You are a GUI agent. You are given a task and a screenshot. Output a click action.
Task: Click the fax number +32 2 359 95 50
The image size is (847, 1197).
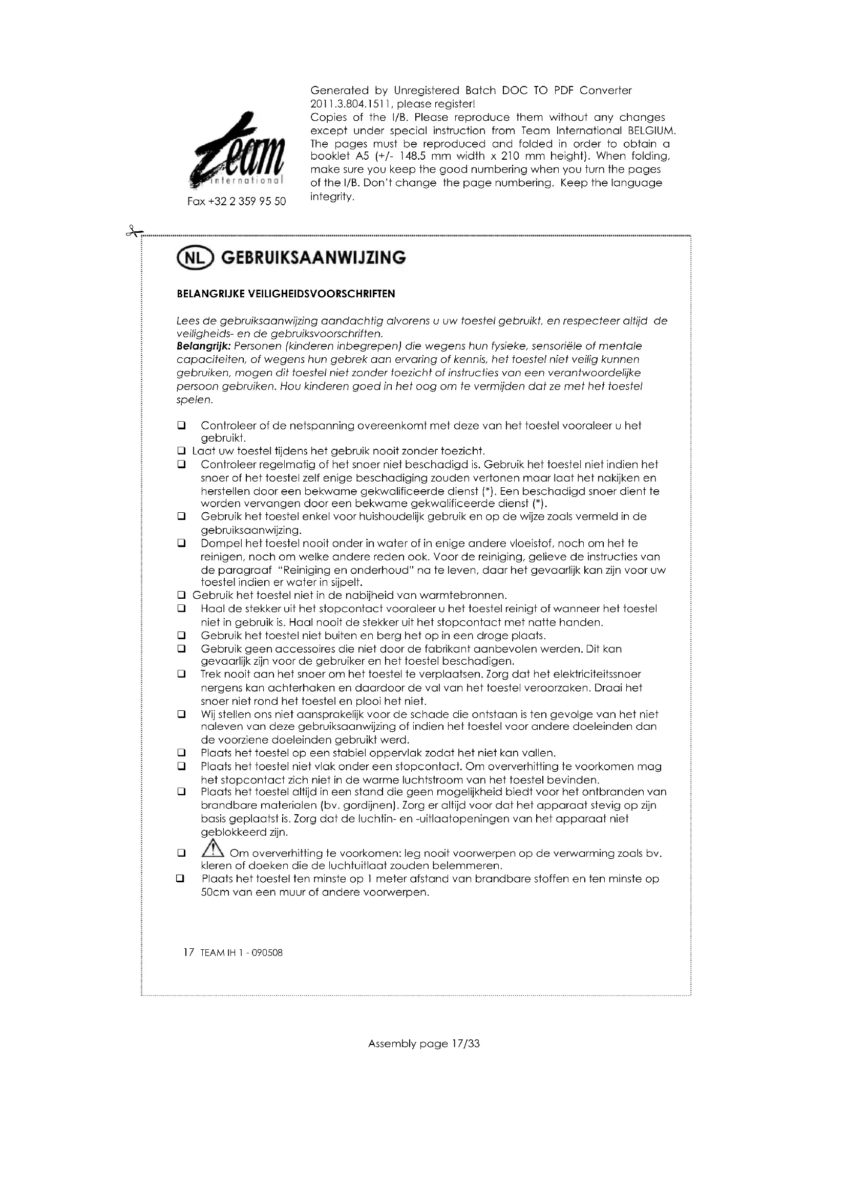click(236, 202)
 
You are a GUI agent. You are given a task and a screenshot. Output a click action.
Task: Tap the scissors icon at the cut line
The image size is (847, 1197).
click(134, 231)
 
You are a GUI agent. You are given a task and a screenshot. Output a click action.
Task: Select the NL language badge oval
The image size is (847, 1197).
click(196, 258)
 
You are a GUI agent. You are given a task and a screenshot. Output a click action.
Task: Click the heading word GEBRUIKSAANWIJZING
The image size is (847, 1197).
click(313, 258)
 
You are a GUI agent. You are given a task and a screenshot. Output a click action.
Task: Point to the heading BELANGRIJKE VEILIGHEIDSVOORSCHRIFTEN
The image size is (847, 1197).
click(286, 294)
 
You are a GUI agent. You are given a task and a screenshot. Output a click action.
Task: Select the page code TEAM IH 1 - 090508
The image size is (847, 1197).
click(241, 953)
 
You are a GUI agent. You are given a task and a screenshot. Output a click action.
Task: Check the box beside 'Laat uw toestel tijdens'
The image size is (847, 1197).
click(181, 451)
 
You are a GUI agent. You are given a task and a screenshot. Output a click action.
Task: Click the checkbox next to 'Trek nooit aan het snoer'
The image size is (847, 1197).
click(181, 674)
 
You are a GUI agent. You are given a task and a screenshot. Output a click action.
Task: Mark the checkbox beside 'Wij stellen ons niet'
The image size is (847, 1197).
click(181, 714)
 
